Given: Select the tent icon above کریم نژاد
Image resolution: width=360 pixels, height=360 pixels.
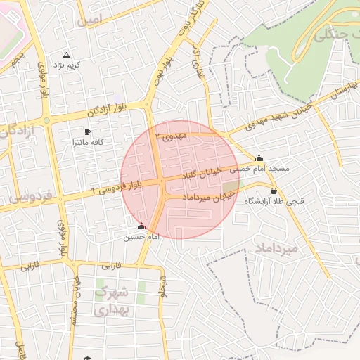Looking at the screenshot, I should click(x=67, y=54).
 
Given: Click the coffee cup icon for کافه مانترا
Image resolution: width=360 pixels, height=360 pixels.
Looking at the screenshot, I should click(x=87, y=131).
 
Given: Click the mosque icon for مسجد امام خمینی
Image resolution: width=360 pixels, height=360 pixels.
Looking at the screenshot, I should click(x=259, y=158).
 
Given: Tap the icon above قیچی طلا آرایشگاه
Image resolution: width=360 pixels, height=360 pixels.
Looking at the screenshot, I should click(x=273, y=191).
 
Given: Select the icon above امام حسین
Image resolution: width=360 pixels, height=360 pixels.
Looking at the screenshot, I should click(x=142, y=226).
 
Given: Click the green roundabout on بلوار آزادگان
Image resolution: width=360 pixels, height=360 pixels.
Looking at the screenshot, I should click(x=47, y=120).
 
